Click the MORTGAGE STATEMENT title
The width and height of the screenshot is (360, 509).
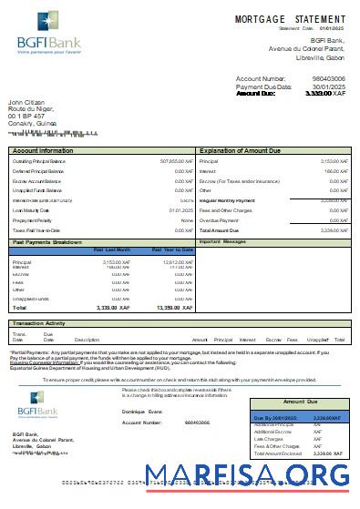click(x=290, y=19)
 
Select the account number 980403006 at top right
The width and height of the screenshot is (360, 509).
click(x=329, y=79)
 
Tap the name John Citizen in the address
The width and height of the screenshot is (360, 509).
click(x=28, y=102)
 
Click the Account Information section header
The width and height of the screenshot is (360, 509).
click(x=44, y=149)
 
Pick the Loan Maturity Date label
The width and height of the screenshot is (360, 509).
click(x=34, y=210)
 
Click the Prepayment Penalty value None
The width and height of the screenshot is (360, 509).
click(x=187, y=219)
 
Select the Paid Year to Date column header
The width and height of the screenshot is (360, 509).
click(x=171, y=249)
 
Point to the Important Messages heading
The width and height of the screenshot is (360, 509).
click(x=223, y=242)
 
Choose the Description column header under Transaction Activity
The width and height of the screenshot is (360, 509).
click(x=85, y=339)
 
